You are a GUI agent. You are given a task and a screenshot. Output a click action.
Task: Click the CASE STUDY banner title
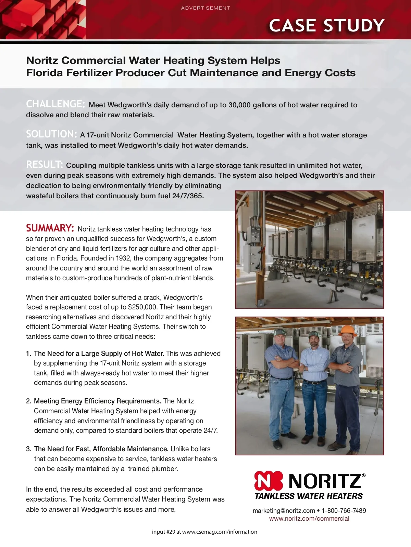click(x=326, y=26)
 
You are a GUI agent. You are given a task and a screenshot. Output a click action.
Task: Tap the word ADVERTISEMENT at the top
click(x=206, y=8)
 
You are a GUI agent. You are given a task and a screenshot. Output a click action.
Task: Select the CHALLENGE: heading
click(x=55, y=104)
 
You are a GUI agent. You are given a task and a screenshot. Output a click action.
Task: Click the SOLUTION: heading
click(x=51, y=134)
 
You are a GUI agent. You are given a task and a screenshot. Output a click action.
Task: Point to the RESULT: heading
click(x=45, y=164)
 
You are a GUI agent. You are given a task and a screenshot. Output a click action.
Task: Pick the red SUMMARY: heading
click(x=50, y=228)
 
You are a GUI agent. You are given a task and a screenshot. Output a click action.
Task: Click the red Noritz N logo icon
click(x=269, y=481)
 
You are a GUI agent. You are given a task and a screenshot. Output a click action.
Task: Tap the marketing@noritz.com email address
click(x=284, y=510)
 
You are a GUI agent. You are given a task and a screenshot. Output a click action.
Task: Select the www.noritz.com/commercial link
click(x=309, y=519)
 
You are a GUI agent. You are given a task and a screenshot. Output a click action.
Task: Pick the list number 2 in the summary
click(x=28, y=401)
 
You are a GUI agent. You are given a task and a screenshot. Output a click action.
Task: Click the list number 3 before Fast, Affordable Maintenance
click(x=28, y=449)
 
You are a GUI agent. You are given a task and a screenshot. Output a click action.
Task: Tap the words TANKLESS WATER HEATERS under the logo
click(x=309, y=496)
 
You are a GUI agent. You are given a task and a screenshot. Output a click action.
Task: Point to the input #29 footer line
click(x=204, y=532)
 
